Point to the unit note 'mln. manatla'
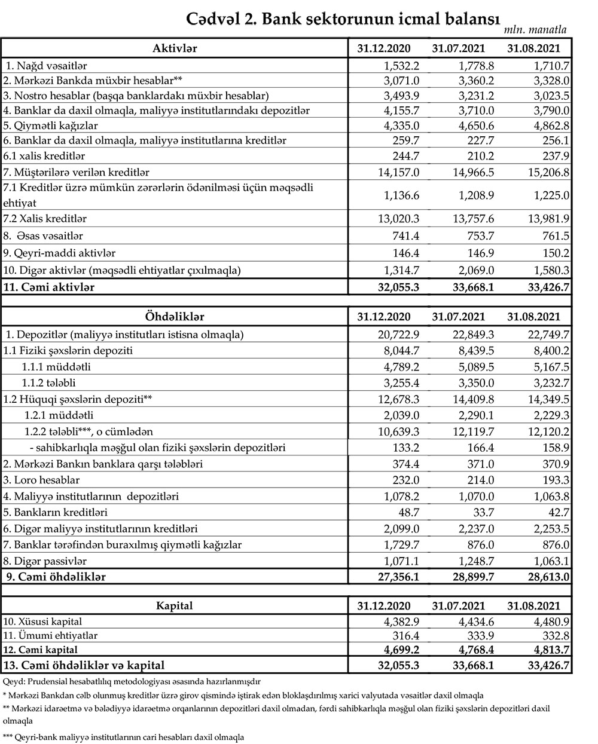535,30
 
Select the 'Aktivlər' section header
175,48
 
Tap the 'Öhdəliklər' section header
175,317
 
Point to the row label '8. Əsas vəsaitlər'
45,235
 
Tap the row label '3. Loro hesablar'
41,479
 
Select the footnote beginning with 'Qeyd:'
136,681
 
